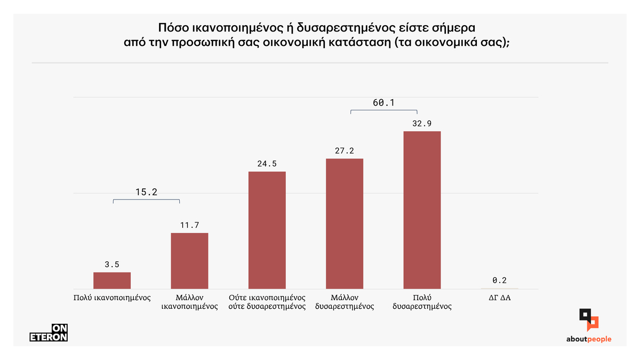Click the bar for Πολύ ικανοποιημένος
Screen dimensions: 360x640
coord(112,281)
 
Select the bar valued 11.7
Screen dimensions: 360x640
coord(189,261)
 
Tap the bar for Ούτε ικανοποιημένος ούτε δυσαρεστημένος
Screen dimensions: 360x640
coord(267,230)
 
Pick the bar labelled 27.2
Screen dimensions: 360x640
coord(345,223)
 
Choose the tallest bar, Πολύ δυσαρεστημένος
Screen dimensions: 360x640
coord(422,210)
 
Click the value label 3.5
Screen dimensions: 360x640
coord(112,264)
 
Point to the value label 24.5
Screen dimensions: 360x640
coord(267,164)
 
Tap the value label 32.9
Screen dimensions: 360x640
coord(422,123)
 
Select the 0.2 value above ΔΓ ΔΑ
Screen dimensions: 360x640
coord(499,280)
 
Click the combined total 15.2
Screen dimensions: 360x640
coord(147,192)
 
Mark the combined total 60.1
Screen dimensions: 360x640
coord(383,103)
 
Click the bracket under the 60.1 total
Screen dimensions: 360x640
coord(383,110)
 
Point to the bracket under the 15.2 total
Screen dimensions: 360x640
coord(147,200)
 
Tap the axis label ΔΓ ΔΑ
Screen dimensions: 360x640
coord(500,297)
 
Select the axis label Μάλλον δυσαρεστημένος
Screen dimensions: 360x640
coord(345,302)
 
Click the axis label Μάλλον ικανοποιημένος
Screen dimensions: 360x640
coord(189,302)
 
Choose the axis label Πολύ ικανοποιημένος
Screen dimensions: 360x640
coord(112,297)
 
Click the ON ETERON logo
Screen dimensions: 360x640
coord(49,333)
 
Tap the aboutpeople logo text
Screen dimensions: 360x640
coord(589,339)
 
